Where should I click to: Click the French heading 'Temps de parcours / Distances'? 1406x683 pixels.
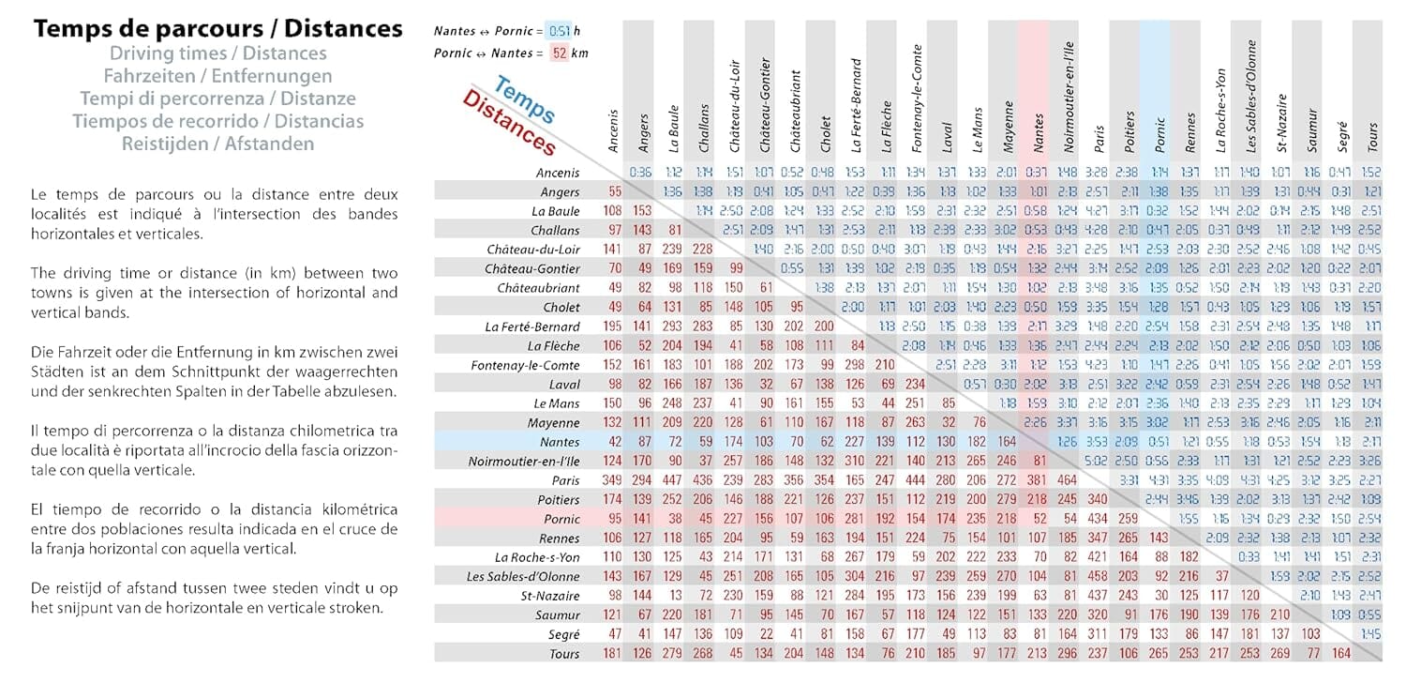tap(218, 29)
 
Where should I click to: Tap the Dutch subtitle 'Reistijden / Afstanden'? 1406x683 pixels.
tap(218, 144)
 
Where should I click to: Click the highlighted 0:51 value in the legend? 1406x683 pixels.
tap(560, 31)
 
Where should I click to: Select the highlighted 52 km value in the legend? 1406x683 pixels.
tap(560, 53)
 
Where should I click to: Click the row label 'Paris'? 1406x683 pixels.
tap(562, 480)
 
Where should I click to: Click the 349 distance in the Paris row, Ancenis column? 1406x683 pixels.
tap(613, 480)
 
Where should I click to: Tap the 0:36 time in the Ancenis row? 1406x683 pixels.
tap(641, 173)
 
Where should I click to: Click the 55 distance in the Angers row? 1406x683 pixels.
tap(615, 191)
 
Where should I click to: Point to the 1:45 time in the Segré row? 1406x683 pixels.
tap(1371, 634)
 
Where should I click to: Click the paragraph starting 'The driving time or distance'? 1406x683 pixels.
tap(215, 293)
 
